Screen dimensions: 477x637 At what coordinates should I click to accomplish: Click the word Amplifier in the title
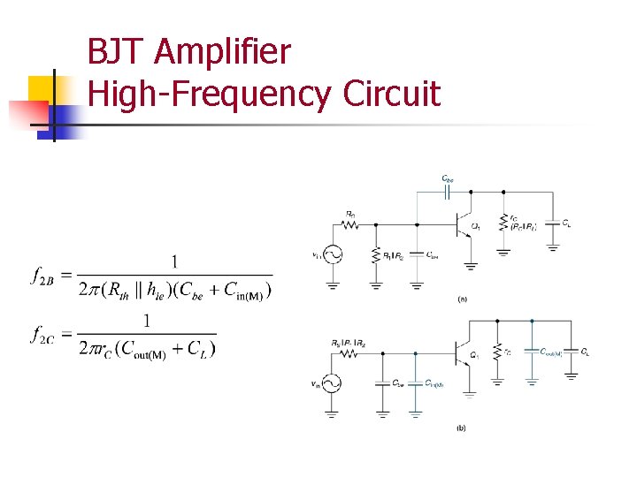(221, 53)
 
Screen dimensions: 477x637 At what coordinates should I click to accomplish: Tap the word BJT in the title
(116, 53)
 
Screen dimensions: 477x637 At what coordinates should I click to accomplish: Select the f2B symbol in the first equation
(43, 277)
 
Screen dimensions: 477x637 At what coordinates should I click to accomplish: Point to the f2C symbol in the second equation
(43, 335)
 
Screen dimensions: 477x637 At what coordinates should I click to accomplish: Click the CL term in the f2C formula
(201, 348)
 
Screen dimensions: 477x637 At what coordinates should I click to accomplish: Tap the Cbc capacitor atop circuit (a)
(448, 191)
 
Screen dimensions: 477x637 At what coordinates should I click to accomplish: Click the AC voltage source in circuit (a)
(333, 255)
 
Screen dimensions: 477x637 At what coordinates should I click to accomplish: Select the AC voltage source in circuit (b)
(333, 383)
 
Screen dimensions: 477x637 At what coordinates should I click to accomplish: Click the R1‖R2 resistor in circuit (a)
(376, 255)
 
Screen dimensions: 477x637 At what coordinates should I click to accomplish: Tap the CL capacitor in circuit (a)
(554, 224)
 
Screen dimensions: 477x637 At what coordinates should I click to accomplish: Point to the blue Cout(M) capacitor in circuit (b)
(532, 351)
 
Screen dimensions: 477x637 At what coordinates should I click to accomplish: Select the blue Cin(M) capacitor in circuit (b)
(416, 383)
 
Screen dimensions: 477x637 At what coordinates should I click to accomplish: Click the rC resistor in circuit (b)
(498, 351)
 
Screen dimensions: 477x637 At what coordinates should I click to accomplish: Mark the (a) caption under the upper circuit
(462, 299)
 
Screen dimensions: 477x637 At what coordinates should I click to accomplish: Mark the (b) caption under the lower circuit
(461, 428)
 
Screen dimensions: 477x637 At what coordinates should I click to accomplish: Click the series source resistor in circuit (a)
(352, 224)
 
